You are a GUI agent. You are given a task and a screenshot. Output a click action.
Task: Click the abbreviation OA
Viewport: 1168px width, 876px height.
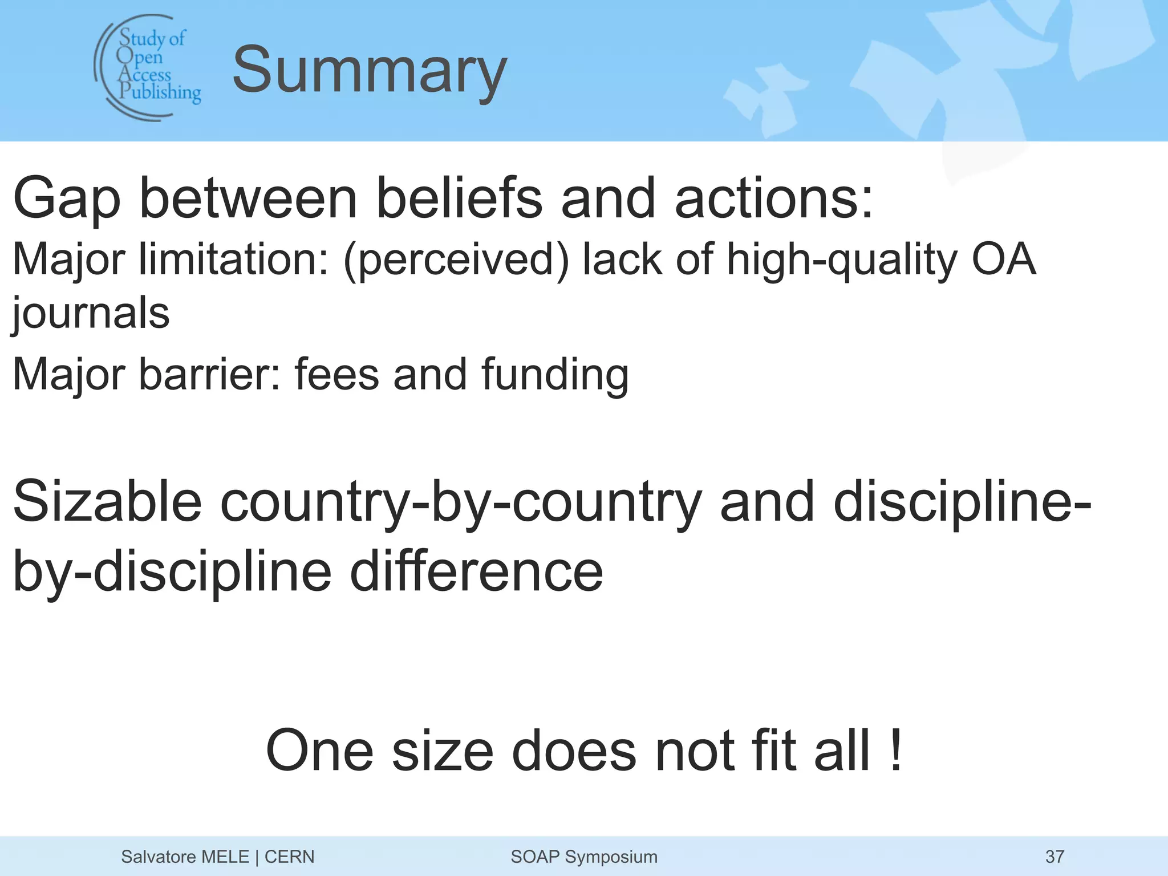coord(1003,259)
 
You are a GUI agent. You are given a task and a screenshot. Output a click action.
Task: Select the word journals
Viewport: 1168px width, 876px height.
coord(91,314)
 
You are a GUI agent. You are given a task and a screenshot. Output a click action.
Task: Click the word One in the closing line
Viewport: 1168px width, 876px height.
coord(319,751)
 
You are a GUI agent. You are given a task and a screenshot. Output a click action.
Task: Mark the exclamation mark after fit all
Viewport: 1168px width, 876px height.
coord(895,751)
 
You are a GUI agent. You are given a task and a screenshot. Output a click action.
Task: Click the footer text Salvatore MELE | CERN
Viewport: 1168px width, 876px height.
coord(217,857)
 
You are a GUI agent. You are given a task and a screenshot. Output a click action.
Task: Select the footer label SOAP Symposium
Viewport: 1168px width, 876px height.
coord(584,857)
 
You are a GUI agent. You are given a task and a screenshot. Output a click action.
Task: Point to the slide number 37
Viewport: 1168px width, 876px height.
coord(1055,857)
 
